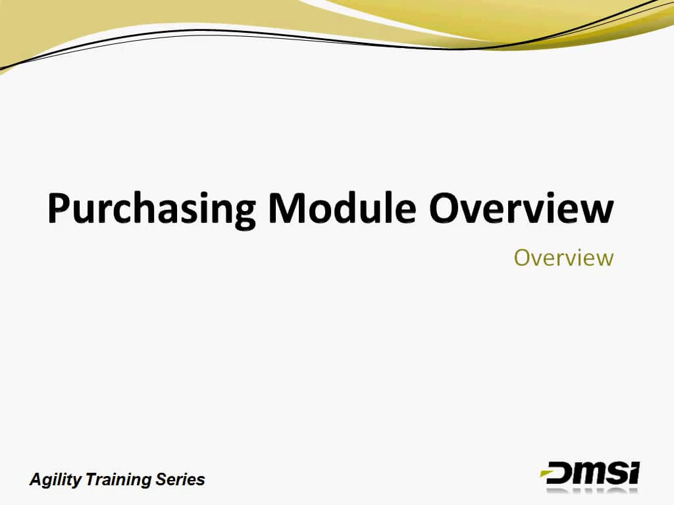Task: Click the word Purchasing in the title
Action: (x=151, y=209)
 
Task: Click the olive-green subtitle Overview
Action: (x=563, y=257)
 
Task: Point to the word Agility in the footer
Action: (x=52, y=479)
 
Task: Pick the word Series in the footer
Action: (x=180, y=479)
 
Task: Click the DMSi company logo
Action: (x=590, y=473)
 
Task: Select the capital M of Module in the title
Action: (x=288, y=208)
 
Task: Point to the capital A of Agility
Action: (x=36, y=479)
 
